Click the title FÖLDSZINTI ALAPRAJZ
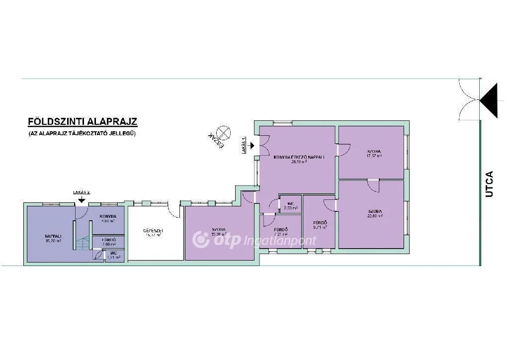point(83,121)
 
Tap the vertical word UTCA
point(489,184)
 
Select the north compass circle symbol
point(225,132)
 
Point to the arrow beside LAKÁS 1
point(253,146)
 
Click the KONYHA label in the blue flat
point(108,216)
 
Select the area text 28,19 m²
point(299,162)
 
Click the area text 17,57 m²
point(374,156)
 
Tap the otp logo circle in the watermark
point(201,240)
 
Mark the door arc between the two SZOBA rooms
point(373,185)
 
